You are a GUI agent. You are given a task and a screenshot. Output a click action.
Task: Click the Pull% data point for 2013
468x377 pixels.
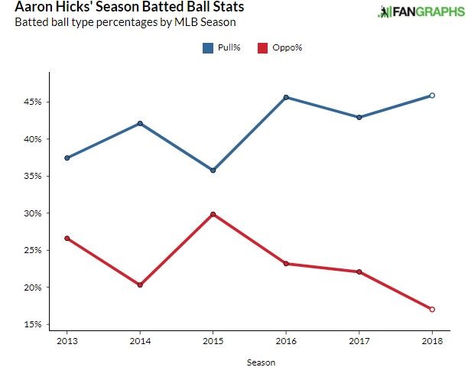click(x=67, y=158)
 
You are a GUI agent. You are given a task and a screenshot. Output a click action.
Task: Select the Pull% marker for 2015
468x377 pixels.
click(x=213, y=170)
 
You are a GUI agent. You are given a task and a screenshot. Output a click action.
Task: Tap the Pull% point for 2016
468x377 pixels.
click(x=286, y=97)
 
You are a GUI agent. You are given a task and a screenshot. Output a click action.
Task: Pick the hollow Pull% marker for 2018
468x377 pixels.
click(x=432, y=96)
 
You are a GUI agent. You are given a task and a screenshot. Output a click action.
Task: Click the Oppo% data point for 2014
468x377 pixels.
click(x=140, y=284)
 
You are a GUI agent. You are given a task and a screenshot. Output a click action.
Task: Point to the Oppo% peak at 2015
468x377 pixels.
click(x=213, y=214)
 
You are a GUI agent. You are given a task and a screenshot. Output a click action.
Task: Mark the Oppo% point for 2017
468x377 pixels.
click(x=359, y=271)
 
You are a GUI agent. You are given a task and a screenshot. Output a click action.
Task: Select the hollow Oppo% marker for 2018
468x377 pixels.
click(x=432, y=309)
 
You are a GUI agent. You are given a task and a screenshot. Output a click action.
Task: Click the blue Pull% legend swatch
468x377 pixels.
click(x=207, y=48)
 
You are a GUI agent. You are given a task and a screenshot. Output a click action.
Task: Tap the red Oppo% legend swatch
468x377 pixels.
click(x=262, y=48)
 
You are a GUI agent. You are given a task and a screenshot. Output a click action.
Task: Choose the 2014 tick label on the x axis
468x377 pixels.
click(x=140, y=340)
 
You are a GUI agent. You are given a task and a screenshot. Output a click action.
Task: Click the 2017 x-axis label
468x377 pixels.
click(x=359, y=340)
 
